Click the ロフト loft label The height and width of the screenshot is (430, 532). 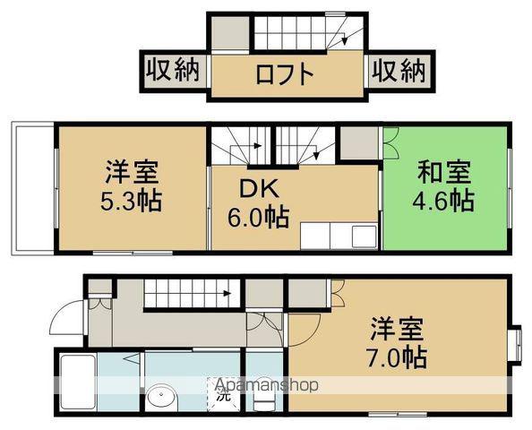pyautogui.click(x=285, y=73)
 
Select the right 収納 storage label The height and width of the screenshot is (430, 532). pyautogui.click(x=397, y=71)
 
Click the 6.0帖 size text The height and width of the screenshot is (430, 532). pyautogui.click(x=258, y=218)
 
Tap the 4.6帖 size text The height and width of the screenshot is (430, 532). pyautogui.click(x=444, y=200)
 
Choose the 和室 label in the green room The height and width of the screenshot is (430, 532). pyautogui.click(x=444, y=171)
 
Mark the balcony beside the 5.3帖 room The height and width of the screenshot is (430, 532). pyautogui.click(x=32, y=188)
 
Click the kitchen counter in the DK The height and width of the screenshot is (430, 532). pyautogui.click(x=339, y=236)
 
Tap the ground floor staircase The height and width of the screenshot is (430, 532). pyautogui.click(x=190, y=294)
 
